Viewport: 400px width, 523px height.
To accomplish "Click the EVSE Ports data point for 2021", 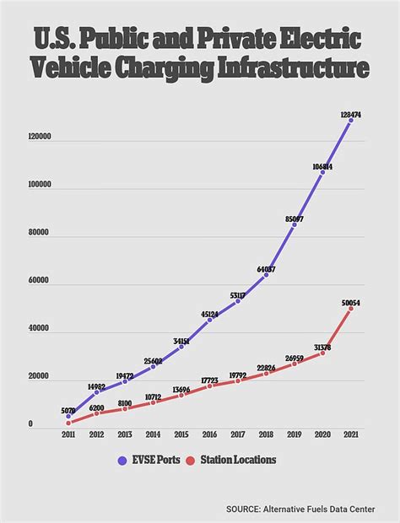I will click(x=350, y=121).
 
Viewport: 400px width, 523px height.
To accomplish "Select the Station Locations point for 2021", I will click(x=350, y=308).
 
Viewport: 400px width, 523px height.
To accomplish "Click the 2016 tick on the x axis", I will click(x=209, y=435).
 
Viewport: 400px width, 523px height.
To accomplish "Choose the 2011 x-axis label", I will click(x=68, y=435).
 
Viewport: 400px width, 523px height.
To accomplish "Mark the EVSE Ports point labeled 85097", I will click(x=295, y=225).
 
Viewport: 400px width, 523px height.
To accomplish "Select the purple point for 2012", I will click(x=96, y=392).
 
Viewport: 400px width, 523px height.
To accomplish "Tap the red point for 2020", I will click(x=322, y=353).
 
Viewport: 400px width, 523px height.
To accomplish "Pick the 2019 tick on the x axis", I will click(x=295, y=435).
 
